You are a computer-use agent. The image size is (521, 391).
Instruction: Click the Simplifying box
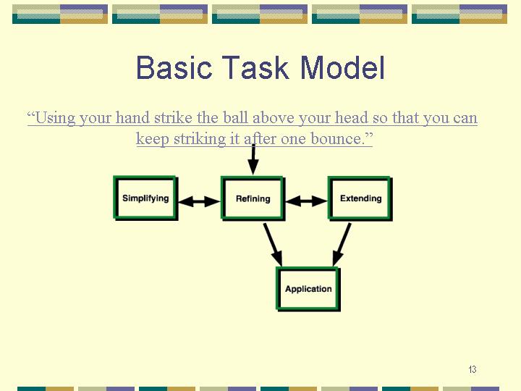pyautogui.click(x=145, y=198)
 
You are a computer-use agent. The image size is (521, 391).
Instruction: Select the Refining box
pyautogui.click(x=253, y=198)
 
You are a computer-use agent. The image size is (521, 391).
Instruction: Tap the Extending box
pyautogui.click(x=360, y=198)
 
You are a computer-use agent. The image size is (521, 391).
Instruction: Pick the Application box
pyautogui.click(x=308, y=289)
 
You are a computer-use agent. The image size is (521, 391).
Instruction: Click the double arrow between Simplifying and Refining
pyautogui.click(x=200, y=201)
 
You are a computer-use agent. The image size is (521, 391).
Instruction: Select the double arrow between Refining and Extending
pyautogui.click(x=306, y=201)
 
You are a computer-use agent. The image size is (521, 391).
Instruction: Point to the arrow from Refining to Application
pyautogui.click(x=273, y=245)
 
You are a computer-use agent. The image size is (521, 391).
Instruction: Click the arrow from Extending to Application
pyautogui.click(x=342, y=245)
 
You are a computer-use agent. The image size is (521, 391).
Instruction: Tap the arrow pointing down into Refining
pyautogui.click(x=253, y=159)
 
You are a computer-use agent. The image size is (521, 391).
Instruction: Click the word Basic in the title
pyautogui.click(x=174, y=67)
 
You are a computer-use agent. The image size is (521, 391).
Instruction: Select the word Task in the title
pyautogui.click(x=255, y=67)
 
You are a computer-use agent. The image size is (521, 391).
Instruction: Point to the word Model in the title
pyautogui.click(x=342, y=67)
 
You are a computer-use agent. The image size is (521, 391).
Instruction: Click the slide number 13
pyautogui.click(x=472, y=369)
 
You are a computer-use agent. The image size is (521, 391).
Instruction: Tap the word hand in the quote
pyautogui.click(x=132, y=118)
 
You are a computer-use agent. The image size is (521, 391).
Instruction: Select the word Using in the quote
pyautogui.click(x=55, y=118)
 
